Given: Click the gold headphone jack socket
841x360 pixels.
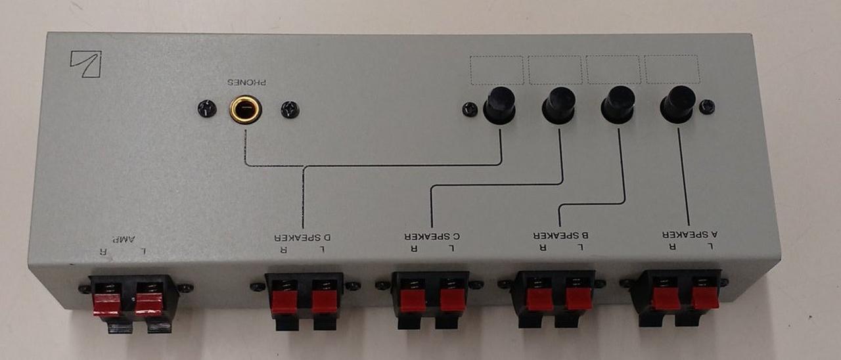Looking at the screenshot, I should click(x=245, y=109).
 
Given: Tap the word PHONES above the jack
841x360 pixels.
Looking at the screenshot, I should click(x=247, y=83).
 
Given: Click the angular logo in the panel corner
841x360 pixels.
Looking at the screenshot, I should click(x=85, y=64).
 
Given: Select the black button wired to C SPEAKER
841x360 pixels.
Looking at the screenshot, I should click(x=559, y=104).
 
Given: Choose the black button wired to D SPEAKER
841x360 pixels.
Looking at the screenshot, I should click(x=499, y=105).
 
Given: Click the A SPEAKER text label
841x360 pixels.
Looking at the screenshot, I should click(x=688, y=234).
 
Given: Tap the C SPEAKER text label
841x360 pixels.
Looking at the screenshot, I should click(x=431, y=235).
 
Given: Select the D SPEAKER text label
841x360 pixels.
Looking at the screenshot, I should click(x=303, y=236).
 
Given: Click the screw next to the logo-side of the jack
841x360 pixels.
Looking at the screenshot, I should click(x=206, y=109).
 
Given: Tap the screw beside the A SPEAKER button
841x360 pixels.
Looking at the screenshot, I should click(x=707, y=106).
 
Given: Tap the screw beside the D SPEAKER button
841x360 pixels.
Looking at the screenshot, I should click(x=470, y=109).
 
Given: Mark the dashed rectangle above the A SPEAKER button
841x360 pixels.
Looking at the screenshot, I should click(x=672, y=69).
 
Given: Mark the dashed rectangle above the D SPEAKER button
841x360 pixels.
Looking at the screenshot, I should click(x=497, y=70).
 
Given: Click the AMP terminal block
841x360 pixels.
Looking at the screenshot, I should click(x=134, y=300).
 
